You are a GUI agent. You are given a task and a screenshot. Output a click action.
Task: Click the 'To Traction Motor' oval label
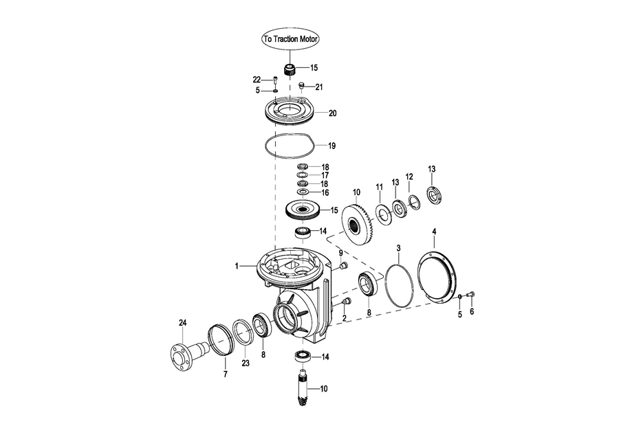[290, 38]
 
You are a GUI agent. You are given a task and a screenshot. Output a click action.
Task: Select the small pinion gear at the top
[290, 71]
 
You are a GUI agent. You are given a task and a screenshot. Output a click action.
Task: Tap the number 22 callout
[257, 80]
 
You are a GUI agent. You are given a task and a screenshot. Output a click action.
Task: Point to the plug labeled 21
[302, 85]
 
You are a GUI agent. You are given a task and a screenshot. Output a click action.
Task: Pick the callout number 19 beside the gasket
[332, 146]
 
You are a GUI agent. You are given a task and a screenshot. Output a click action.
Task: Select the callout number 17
[325, 175]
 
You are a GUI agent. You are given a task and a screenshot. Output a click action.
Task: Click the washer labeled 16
[303, 192]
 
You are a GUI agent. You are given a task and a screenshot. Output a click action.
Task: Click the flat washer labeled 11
[383, 214]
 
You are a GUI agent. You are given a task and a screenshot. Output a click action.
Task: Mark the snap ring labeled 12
[414, 202]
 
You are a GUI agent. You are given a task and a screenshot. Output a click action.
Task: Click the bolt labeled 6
[471, 294]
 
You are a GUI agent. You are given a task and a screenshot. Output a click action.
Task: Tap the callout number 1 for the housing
[237, 266]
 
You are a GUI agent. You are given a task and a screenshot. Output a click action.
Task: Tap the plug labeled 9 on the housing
[343, 265]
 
